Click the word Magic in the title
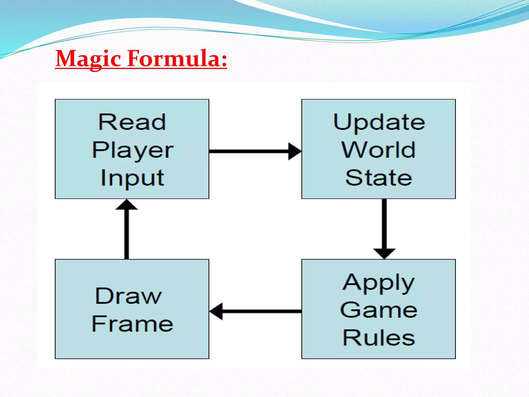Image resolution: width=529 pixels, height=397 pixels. click(x=88, y=59)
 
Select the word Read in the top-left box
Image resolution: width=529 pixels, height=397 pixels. click(x=132, y=122)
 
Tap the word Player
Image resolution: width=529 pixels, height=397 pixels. click(x=133, y=150)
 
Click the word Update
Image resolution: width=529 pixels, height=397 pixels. click(x=379, y=122)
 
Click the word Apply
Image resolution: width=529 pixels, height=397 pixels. click(x=378, y=283)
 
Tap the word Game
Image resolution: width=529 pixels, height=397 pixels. click(x=378, y=310)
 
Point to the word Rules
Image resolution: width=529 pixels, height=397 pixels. click(x=379, y=338)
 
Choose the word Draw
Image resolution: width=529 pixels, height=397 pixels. click(x=128, y=296)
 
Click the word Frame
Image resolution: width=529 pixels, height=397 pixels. click(x=132, y=324)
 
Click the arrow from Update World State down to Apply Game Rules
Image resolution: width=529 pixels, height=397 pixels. click(x=384, y=225)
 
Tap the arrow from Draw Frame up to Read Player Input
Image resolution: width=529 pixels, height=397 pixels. click(x=127, y=233)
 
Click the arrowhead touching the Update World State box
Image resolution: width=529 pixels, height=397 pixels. click(x=294, y=151)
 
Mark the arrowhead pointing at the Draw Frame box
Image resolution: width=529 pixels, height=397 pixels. click(x=216, y=311)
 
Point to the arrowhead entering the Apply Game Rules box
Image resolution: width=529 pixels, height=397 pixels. click(x=384, y=253)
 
